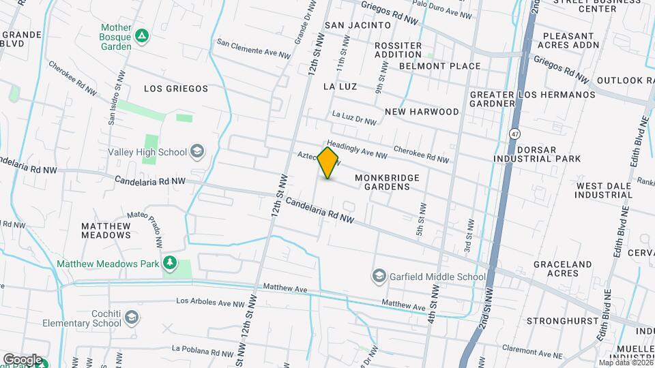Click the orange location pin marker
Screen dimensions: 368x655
click(x=328, y=163)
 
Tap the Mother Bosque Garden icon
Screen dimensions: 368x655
click(x=142, y=35)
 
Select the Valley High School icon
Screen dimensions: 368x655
click(x=197, y=151)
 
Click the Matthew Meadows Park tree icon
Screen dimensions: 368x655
click(x=170, y=263)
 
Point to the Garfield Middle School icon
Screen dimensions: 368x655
click(x=379, y=276)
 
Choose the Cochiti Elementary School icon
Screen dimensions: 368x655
click(x=132, y=317)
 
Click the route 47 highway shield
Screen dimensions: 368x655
click(x=512, y=134)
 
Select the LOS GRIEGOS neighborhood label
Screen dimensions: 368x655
click(x=176, y=89)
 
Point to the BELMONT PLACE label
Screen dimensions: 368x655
click(x=439, y=66)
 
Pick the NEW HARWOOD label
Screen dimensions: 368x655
click(x=422, y=111)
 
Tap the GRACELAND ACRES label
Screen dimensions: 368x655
click(x=572, y=269)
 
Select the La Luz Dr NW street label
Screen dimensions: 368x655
click(x=354, y=118)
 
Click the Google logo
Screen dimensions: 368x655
click(x=23, y=359)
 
